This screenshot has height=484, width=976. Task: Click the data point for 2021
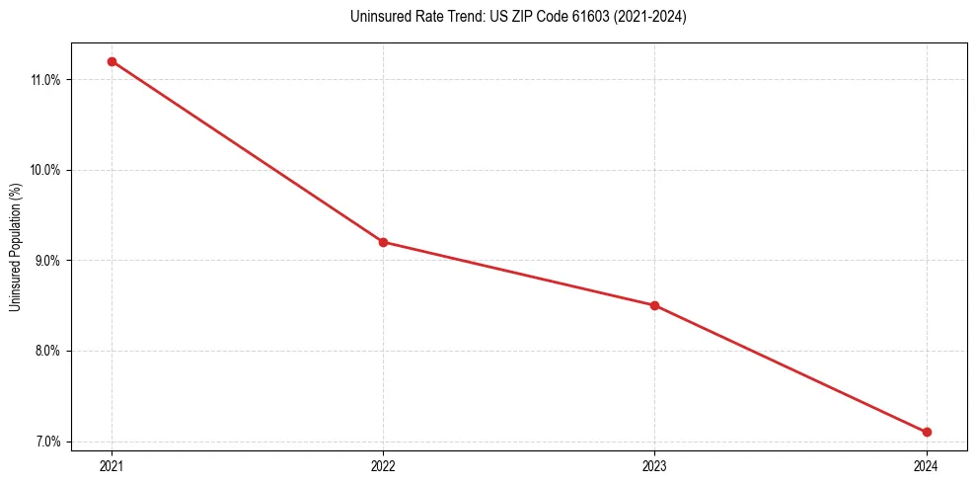pyautogui.click(x=112, y=61)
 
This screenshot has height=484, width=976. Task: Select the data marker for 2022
pyautogui.click(x=383, y=242)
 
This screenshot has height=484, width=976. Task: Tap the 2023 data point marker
pyautogui.click(x=654, y=305)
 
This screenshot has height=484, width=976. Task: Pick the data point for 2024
pyautogui.click(x=927, y=432)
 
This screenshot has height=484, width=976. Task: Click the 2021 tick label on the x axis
pyautogui.click(x=112, y=466)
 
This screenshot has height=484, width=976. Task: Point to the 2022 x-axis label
pyautogui.click(x=383, y=466)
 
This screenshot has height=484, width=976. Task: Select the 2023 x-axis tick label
pyautogui.click(x=654, y=466)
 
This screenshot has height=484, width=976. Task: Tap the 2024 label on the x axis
pyautogui.click(x=927, y=466)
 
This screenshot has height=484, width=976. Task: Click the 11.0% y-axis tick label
pyautogui.click(x=45, y=80)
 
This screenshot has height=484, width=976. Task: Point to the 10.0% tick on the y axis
pyautogui.click(x=45, y=170)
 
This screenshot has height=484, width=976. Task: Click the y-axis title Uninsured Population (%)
pyautogui.click(x=16, y=247)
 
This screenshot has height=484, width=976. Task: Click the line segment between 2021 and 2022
pyautogui.click(x=247, y=151)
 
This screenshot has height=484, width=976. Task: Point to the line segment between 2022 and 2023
pyautogui.click(x=518, y=274)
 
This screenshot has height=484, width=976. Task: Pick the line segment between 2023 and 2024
pyautogui.click(x=790, y=368)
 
